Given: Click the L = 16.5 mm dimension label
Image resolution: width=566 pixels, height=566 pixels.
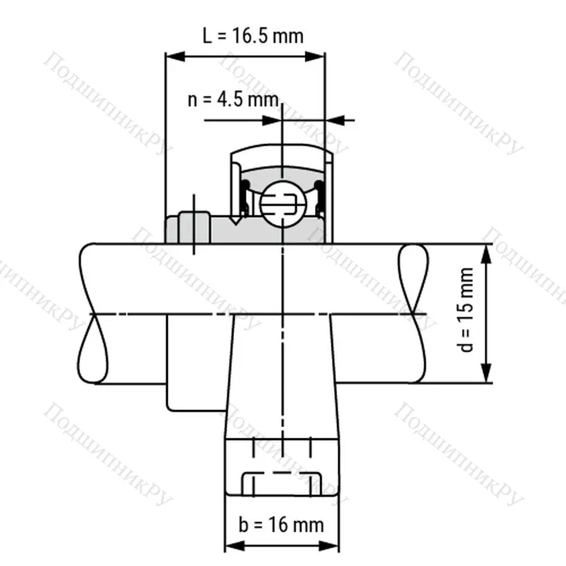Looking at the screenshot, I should click(252, 35).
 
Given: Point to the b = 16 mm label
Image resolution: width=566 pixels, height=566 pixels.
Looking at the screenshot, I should click(282, 524).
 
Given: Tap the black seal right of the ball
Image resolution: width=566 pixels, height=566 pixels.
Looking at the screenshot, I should click(319, 198).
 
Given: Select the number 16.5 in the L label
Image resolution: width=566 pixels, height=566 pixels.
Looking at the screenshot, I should click(267, 35).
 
